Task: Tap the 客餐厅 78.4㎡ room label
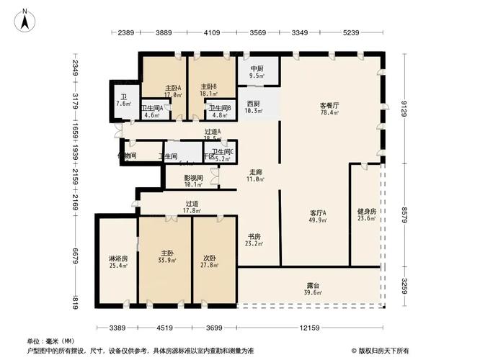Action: (x=329, y=109)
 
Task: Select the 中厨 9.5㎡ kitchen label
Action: (x=257, y=72)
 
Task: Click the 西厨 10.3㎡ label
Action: (x=252, y=107)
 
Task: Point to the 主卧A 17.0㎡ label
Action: (x=172, y=91)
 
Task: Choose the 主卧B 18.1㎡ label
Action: (x=208, y=90)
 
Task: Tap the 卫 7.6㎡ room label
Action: (x=123, y=100)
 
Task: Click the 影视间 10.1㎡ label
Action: (x=193, y=181)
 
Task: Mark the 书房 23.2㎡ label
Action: (x=254, y=240)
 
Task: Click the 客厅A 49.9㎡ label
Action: (x=319, y=217)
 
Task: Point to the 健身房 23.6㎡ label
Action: (x=366, y=216)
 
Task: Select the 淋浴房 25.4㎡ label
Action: (x=118, y=262)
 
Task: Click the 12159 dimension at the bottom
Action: (x=311, y=328)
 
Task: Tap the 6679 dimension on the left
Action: (x=75, y=256)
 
